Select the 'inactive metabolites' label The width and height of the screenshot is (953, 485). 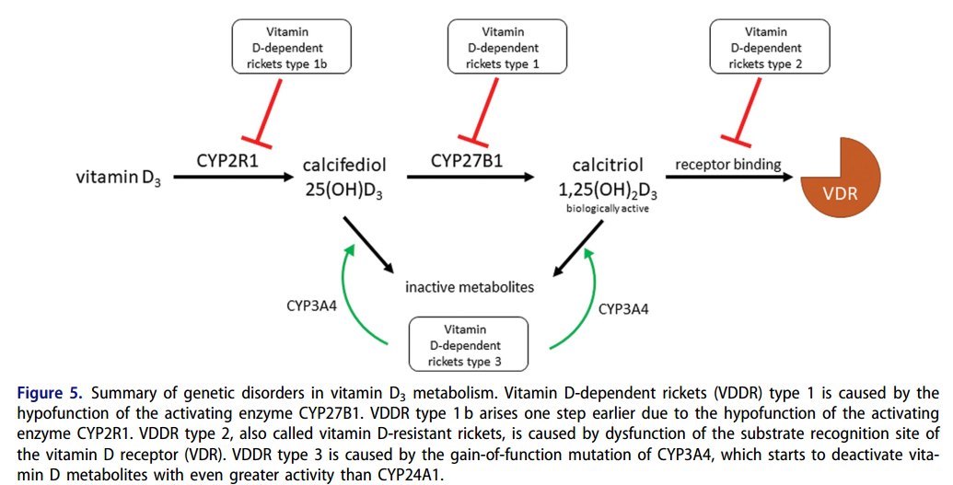click(x=470, y=287)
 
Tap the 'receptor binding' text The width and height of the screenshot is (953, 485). click(x=728, y=165)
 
